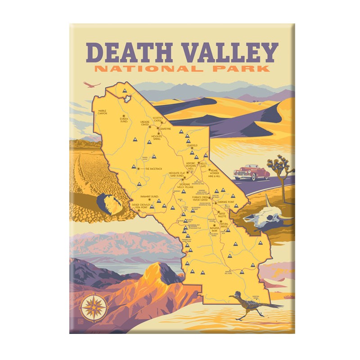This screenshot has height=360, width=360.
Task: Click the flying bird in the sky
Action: tap(93, 84)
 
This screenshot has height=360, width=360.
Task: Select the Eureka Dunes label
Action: tap(125, 120)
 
